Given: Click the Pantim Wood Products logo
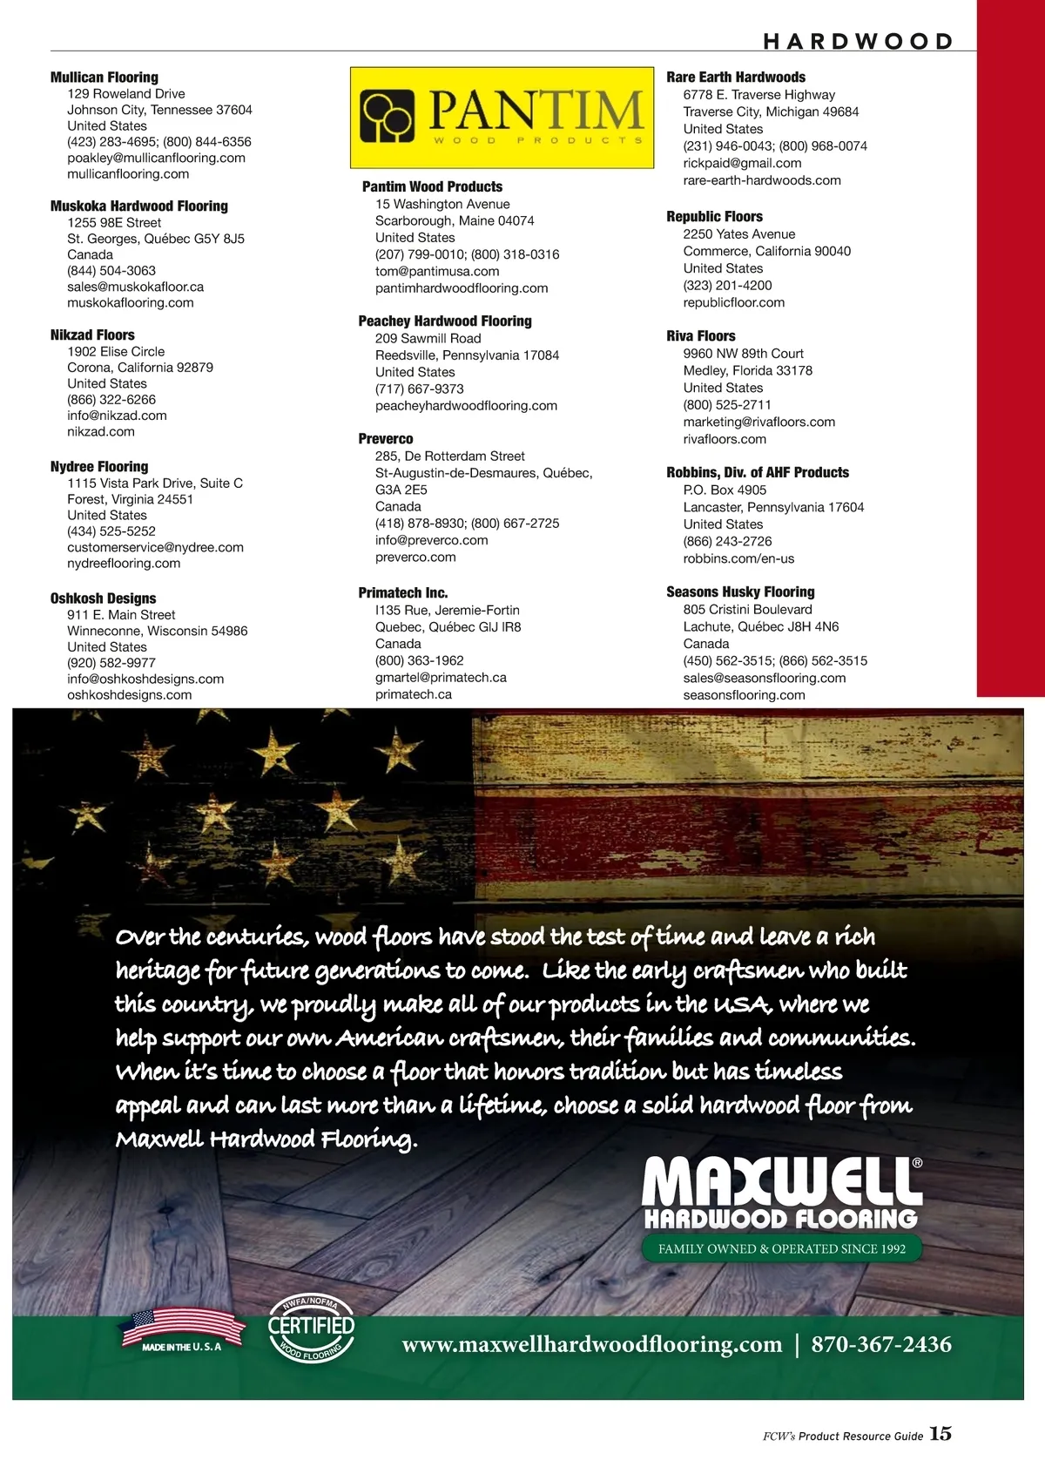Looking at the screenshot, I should pos(502,118).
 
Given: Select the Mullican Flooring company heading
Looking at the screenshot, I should pos(104,77).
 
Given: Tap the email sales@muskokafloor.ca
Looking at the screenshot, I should pos(135,287).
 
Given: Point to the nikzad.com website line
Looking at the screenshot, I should pos(101,431).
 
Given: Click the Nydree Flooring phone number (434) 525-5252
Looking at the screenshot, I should pos(111,531).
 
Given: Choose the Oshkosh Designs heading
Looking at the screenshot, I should pos(103,598).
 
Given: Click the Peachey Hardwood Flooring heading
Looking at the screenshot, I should pos(445,321).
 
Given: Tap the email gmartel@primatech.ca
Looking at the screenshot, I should pos(441,677).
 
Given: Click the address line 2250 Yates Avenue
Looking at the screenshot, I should pos(738,234).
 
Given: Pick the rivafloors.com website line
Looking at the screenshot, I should pos(725,439).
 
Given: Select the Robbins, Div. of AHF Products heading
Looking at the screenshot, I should pos(758,472).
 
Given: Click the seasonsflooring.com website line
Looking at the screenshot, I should pos(744,695).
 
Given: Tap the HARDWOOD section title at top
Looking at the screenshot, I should pos(858,41).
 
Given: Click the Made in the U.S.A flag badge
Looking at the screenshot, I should pos(182,1329).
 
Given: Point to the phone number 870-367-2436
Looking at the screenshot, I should pos(881,1344).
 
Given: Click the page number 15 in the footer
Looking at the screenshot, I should pos(940,1433).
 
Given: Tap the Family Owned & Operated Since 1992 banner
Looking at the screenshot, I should pos(781,1248).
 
